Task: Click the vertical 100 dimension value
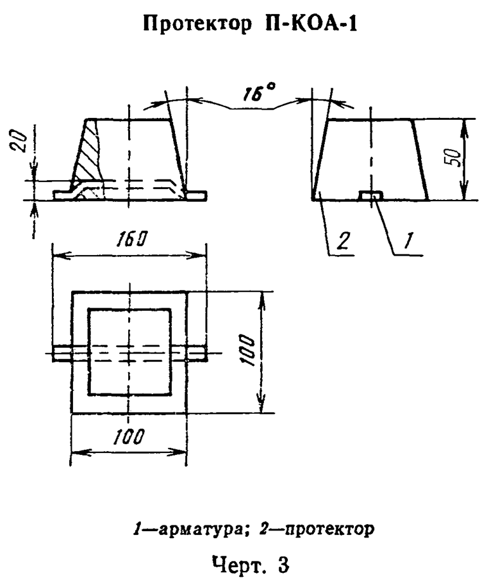coord(249,351)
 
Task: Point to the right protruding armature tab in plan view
coord(197,353)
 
